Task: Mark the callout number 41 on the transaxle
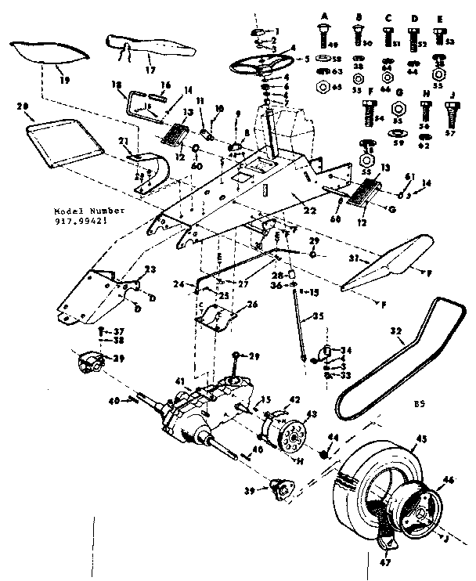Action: (x=181, y=381)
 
